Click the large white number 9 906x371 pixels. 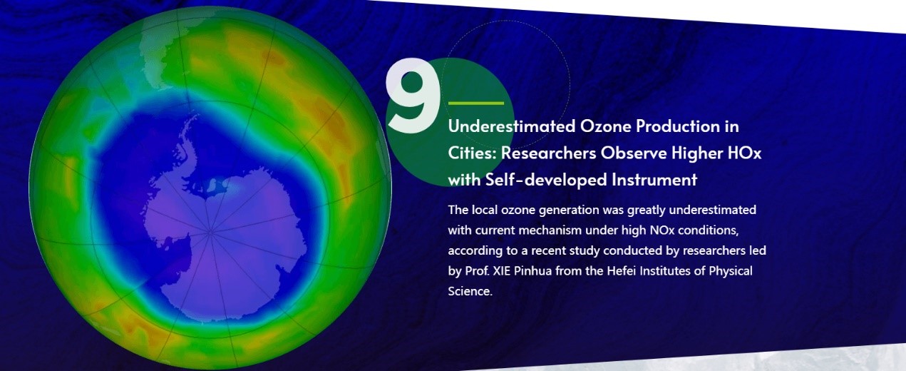pos(413,96)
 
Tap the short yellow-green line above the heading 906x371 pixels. pos(476,103)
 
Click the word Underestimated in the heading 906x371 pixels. pos(512,126)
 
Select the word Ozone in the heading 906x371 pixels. pos(605,126)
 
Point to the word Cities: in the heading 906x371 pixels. pos(472,153)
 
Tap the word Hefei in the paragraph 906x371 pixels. pos(622,270)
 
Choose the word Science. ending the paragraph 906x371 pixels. pos(470,291)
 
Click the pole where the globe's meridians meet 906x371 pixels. pos(210,232)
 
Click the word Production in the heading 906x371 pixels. pos(678,126)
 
